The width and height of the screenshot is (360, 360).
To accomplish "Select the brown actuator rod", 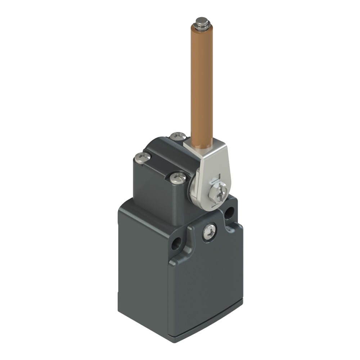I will [202, 86].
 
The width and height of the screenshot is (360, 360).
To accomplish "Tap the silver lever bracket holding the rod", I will [212, 169].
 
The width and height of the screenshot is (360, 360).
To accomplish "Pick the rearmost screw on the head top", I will [178, 136].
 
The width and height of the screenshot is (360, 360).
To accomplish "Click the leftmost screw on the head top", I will [143, 157].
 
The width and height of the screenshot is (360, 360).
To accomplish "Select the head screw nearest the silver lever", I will [178, 178].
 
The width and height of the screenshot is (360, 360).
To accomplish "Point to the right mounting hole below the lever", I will [229, 213].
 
